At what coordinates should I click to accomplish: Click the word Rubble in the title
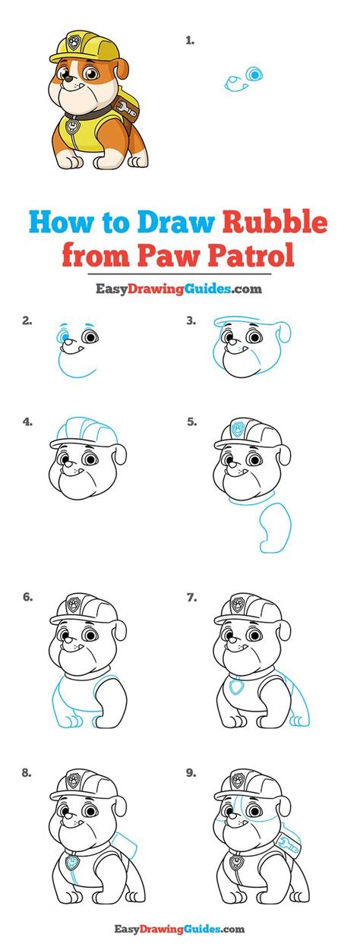[x=275, y=223]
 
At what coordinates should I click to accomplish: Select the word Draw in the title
[x=178, y=223]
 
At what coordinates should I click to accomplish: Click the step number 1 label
[x=190, y=42]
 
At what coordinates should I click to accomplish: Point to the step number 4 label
[x=28, y=421]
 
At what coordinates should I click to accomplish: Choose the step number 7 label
[x=192, y=576]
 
